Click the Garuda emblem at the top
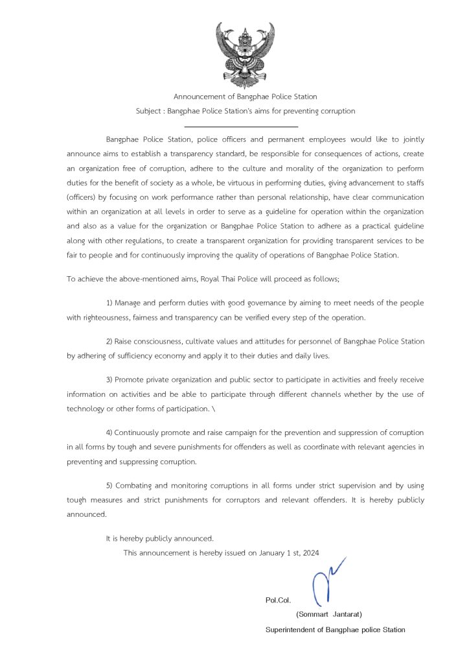pyautogui.click(x=245, y=51)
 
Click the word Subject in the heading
pyautogui.click(x=149, y=111)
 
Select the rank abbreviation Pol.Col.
pyautogui.click(x=278, y=600)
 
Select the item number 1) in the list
pyautogui.click(x=109, y=303)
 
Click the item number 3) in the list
pyautogui.click(x=109, y=379)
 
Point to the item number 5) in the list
pyautogui.click(x=109, y=485)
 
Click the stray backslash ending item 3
pyautogui.click(x=214, y=409)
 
